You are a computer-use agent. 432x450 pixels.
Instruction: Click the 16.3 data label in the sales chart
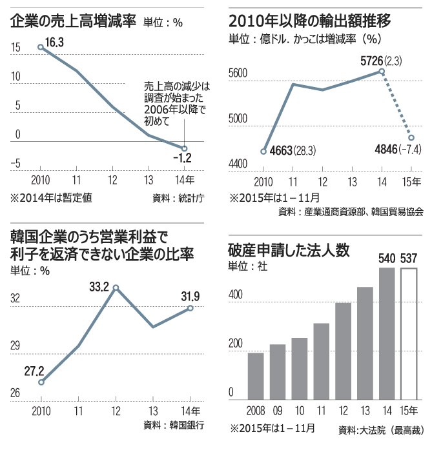pos(54,43)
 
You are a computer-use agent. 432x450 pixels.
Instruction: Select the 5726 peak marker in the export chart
pos(383,72)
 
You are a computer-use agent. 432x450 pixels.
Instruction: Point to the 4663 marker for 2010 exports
pos(263,152)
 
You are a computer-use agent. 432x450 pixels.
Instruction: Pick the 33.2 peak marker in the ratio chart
pos(116,270)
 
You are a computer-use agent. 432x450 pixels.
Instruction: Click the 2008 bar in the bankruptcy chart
pos(256,376)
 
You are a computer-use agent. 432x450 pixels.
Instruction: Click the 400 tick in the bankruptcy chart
pos(236,295)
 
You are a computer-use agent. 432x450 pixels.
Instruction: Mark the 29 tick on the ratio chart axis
pos(15,346)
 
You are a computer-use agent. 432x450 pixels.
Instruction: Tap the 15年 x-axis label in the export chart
pos(411,181)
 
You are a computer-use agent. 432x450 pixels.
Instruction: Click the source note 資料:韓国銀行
pos(174,426)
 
